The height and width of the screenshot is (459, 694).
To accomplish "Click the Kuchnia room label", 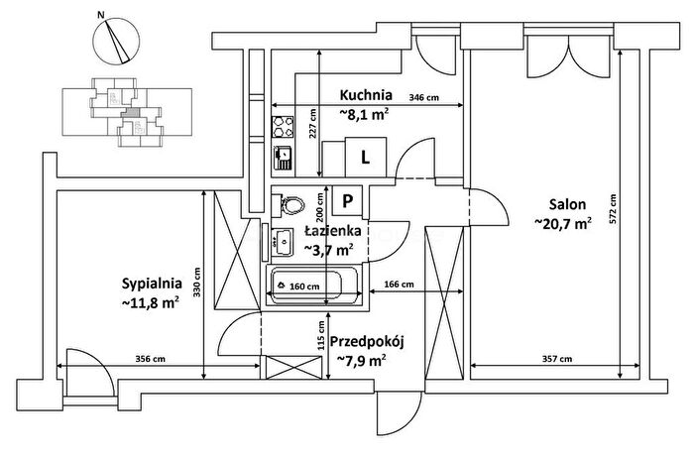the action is pyautogui.click(x=366, y=95).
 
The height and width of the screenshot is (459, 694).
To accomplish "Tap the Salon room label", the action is pyautogui.click(x=567, y=204).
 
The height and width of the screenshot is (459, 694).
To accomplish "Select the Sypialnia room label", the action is pyautogui.click(x=152, y=284).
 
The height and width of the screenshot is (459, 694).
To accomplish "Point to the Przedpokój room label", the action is pyautogui.click(x=368, y=342).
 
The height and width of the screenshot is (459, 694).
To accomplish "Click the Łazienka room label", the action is pyautogui.click(x=332, y=231).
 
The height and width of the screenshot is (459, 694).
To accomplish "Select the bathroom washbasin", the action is pyautogui.click(x=283, y=242).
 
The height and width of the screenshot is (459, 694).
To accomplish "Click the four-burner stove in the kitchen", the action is pyautogui.click(x=283, y=127).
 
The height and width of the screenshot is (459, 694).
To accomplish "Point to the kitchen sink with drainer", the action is pyautogui.click(x=283, y=158).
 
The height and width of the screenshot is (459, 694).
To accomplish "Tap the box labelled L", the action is pyautogui.click(x=366, y=158).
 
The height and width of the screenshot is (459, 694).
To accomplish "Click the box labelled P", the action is pyautogui.click(x=347, y=202).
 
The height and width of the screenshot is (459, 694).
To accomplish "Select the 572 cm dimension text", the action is pyautogui.click(x=613, y=209).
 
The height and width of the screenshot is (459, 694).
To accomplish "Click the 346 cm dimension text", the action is pyautogui.click(x=423, y=98).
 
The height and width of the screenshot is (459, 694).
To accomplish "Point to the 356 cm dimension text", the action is pyautogui.click(x=150, y=359).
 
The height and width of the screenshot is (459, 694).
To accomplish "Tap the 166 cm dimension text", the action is pyautogui.click(x=400, y=285).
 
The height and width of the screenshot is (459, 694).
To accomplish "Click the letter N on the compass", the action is pyautogui.click(x=101, y=15).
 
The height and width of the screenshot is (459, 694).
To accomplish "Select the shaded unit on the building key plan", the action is pyautogui.click(x=130, y=113).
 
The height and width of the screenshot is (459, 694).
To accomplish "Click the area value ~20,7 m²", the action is pyautogui.click(x=563, y=223).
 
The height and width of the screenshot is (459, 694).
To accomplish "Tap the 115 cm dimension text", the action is pyautogui.click(x=321, y=335).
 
